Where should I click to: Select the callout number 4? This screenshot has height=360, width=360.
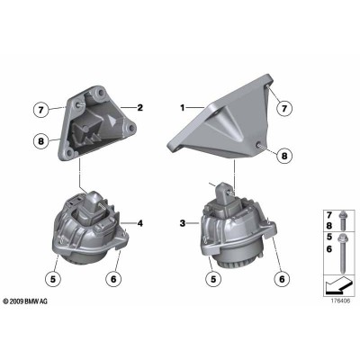[140, 220]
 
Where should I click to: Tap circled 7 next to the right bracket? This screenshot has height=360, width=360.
[286, 108]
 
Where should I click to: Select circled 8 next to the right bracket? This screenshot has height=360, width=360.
[286, 156]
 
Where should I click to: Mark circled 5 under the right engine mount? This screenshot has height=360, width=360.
[212, 280]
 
